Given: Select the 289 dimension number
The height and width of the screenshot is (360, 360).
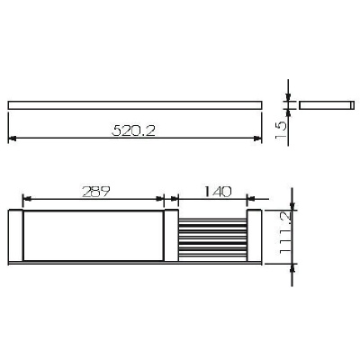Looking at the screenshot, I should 94,190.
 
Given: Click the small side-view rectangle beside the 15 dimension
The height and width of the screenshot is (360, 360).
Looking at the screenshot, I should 324,105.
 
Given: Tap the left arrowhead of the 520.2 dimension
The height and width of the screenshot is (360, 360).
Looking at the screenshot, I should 13,138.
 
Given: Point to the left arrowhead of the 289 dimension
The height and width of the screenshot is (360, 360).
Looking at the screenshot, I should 26,200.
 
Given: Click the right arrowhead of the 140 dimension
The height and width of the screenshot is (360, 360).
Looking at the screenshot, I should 245,200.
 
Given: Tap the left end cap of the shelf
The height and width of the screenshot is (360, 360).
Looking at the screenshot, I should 14,237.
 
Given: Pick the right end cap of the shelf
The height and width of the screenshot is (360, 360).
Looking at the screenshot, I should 256,237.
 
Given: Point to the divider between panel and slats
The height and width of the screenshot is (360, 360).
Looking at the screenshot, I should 171,237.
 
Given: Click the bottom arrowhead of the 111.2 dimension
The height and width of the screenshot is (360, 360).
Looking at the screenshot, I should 290,265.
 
